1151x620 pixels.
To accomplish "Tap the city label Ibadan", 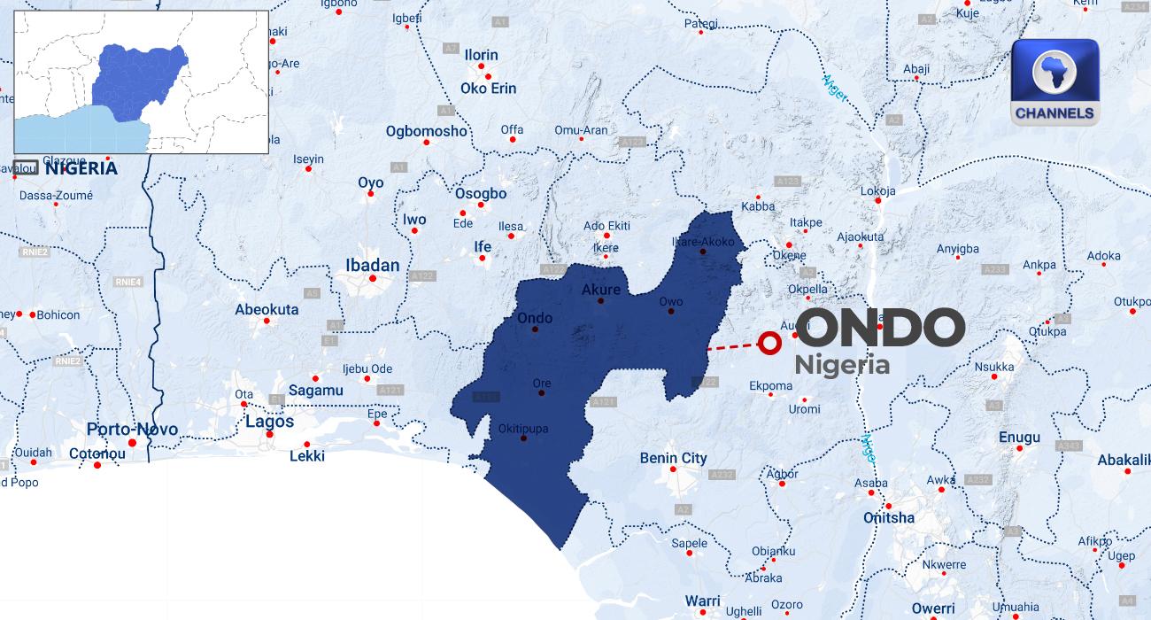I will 372,266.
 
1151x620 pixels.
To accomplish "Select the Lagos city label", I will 269,422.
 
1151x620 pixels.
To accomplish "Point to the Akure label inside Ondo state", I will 601,290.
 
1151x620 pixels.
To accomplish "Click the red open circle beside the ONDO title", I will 769,343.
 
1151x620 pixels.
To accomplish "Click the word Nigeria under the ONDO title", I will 841,365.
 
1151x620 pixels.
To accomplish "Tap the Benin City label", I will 674,458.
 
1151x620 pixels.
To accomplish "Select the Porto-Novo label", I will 132,430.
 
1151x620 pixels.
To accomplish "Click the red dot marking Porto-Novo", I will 132,442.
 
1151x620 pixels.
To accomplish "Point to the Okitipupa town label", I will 522,429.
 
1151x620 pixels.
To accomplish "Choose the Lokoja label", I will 877,190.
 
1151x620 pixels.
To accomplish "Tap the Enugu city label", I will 1019,438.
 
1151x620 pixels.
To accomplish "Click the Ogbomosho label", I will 426,131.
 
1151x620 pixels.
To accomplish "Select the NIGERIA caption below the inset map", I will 80,168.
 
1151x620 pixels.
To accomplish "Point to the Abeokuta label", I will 267,310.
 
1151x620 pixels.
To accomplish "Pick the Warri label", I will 703,601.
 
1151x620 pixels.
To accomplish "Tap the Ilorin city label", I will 482,55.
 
